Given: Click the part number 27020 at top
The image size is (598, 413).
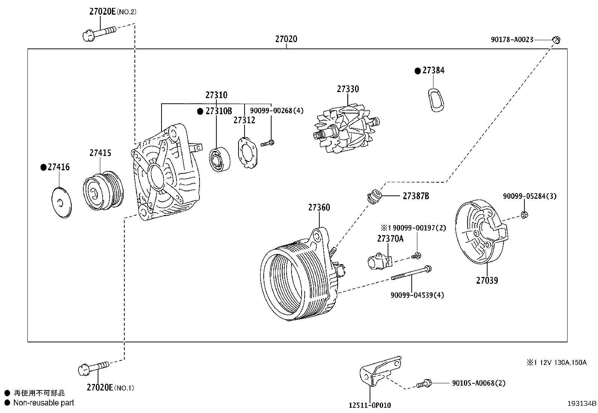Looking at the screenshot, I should coord(286,39).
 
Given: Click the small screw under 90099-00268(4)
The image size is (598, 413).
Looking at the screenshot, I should coord(268,143).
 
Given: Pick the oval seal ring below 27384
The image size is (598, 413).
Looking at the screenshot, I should coord(435,100).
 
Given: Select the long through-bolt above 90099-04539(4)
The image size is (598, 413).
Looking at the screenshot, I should coord(411,273).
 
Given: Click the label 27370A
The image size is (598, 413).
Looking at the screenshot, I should coord(390,239).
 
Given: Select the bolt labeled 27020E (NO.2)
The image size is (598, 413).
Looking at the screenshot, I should coord(98,32).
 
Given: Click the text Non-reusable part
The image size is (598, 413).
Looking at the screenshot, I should coord(44,403).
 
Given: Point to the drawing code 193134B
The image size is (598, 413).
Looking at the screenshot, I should coord(581,404).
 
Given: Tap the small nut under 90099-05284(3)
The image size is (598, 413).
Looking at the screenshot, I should coord(523,215).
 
